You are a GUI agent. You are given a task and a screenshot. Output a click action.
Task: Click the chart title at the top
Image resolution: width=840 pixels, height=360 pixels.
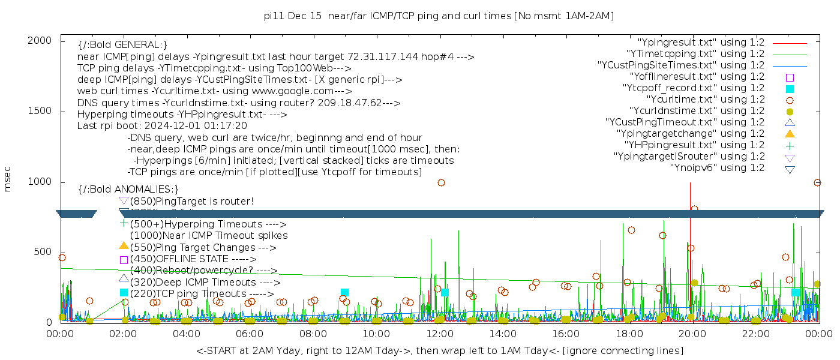pos(439,16)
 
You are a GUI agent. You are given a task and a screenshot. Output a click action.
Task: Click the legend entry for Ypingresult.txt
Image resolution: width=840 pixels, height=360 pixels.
pos(701,43)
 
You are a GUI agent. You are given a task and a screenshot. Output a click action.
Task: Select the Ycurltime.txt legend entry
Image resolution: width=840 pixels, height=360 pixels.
pos(706,100)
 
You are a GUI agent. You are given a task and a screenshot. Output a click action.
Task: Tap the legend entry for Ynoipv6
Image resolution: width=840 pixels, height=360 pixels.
pos(717,168)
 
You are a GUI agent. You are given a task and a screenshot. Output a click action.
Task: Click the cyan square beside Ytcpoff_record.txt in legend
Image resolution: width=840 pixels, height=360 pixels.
pos(790,88)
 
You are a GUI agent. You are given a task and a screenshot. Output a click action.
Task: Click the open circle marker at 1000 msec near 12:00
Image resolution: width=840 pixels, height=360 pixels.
pos(441,182)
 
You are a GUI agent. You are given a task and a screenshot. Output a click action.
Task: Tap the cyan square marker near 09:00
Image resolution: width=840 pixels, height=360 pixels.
pos(344,292)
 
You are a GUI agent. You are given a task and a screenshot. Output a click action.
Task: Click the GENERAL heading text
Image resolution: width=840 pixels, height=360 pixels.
pos(122,45)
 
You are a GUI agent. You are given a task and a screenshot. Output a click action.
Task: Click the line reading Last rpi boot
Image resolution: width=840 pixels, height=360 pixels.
pos(162,126)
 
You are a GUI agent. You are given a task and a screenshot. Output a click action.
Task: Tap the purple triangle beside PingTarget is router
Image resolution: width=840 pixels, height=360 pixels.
pos(124,200)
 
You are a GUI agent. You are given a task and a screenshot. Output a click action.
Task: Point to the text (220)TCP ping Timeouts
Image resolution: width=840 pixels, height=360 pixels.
pos(202,294)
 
